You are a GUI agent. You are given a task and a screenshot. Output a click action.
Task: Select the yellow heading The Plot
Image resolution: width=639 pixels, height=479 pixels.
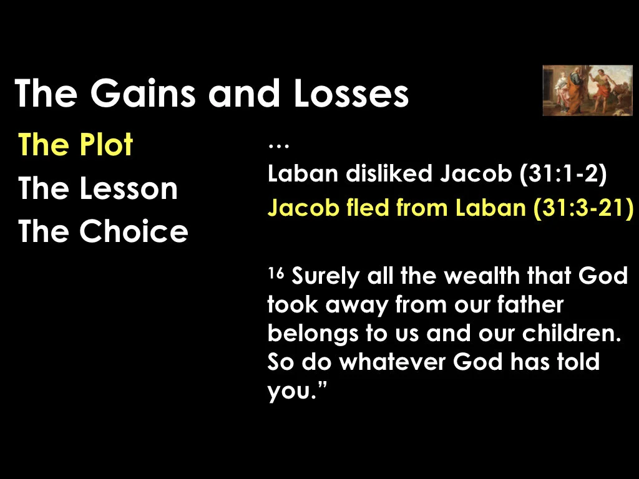[76, 145]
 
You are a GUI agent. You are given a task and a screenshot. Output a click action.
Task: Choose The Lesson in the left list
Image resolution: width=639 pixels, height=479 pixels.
[98, 188]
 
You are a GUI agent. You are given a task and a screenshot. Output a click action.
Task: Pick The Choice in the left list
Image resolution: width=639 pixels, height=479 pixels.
[103, 231]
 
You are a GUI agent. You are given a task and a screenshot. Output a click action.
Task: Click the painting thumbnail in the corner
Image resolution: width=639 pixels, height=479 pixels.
[587, 90]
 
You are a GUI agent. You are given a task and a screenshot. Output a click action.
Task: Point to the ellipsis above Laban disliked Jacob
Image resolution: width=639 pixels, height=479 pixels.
[275, 147]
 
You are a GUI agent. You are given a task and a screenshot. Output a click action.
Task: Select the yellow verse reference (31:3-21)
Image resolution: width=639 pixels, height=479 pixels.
[583, 208]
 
